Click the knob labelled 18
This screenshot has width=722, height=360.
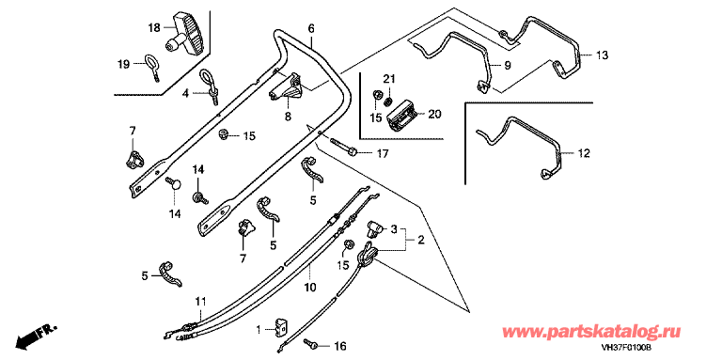[x=186, y=35]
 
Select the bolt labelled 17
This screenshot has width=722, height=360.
[x=344, y=149]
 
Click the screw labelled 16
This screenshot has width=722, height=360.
[x=310, y=342]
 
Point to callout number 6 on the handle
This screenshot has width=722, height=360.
[x=311, y=28]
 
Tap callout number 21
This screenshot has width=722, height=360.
[x=389, y=80]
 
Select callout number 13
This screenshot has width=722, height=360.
[x=602, y=55]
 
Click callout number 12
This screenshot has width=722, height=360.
[x=584, y=153]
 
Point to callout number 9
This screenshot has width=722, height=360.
[x=507, y=66]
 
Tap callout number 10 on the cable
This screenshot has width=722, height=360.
[x=310, y=288]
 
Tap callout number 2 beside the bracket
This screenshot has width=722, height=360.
[x=422, y=240]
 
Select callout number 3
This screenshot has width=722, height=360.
[x=394, y=228]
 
